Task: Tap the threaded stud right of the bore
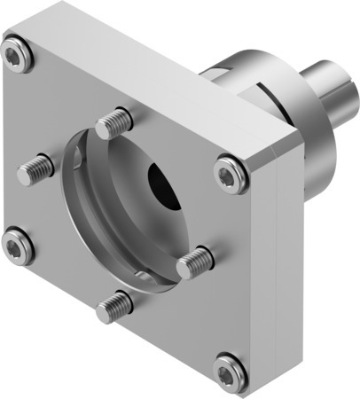point(194,261)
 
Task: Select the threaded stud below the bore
point(115,306)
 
